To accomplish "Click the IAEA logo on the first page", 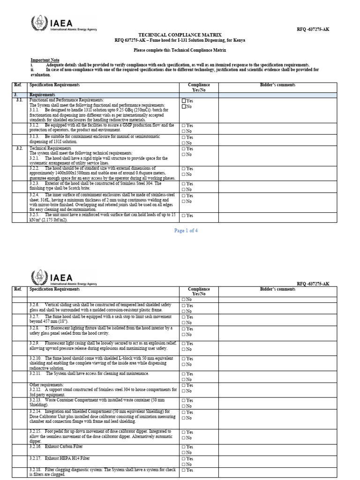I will [x=64, y=23].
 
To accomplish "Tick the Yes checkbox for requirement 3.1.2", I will [x=183, y=126].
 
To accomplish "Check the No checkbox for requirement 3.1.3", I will [x=183, y=143].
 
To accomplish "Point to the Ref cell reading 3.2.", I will [x=19, y=148].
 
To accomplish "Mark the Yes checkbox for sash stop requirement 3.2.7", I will [x=183, y=317].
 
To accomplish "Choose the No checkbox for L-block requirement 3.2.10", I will [x=183, y=364].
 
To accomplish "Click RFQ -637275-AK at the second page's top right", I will [x=313, y=284].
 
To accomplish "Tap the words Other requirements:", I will [x=46, y=385].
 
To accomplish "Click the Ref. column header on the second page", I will [x=18, y=289].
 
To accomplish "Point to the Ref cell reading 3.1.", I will [x=19, y=100].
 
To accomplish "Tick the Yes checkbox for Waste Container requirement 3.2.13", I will [x=183, y=400].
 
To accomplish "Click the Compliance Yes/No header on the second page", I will [x=199, y=292].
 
